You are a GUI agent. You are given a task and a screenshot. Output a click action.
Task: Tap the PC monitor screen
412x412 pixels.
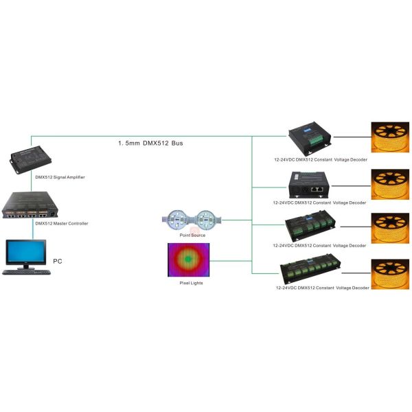click(x=25, y=252)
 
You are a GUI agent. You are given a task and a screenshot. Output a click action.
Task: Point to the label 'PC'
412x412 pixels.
click(x=58, y=262)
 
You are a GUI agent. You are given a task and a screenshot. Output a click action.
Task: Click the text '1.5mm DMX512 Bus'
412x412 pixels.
click(x=150, y=144)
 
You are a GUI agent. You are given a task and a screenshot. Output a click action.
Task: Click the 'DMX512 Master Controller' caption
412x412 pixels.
click(x=62, y=223)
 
